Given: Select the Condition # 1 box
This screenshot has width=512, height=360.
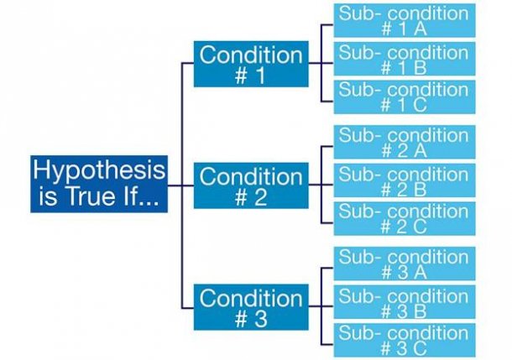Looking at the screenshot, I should click(250, 63).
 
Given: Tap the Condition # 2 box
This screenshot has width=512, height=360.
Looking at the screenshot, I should click(250, 185).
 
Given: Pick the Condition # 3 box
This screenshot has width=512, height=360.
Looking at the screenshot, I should click(250, 307).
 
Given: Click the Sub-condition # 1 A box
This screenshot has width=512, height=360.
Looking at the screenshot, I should click(405, 21).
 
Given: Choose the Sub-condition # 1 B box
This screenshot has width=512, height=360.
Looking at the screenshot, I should click(405, 60).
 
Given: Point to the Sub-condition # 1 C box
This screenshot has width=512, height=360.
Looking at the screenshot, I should click(405, 98).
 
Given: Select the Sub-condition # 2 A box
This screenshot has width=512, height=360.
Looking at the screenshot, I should click(405, 143).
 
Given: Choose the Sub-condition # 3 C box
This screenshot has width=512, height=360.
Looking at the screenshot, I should click(405, 341).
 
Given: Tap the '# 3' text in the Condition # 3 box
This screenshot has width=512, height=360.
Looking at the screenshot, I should click(250, 320).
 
